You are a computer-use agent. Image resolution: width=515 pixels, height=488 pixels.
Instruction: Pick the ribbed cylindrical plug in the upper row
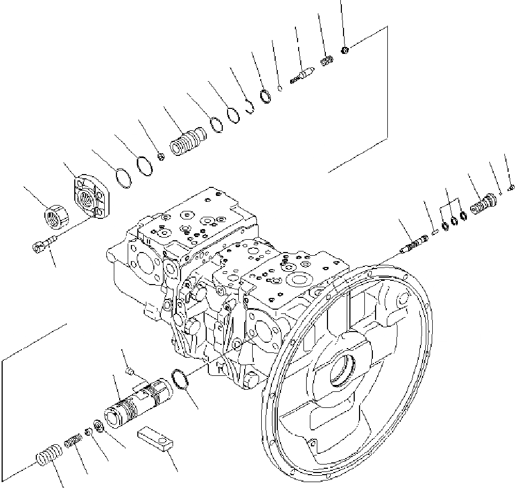pos(187,141)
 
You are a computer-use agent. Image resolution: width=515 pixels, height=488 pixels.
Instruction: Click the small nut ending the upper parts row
pos(345,50)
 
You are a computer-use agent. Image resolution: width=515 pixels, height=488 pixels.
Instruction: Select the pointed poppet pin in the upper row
pos(302,74)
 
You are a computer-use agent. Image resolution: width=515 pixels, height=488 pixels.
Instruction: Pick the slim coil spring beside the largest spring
pos(72,442)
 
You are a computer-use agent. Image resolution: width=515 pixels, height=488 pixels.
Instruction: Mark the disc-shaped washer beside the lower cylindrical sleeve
pos(98,427)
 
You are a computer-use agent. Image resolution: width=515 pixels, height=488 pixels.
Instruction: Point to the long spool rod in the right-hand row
pos(412,243)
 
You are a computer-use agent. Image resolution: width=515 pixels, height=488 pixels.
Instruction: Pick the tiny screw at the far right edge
pos(511,186)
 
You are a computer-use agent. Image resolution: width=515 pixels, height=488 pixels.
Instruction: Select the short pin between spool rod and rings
pos(433,231)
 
